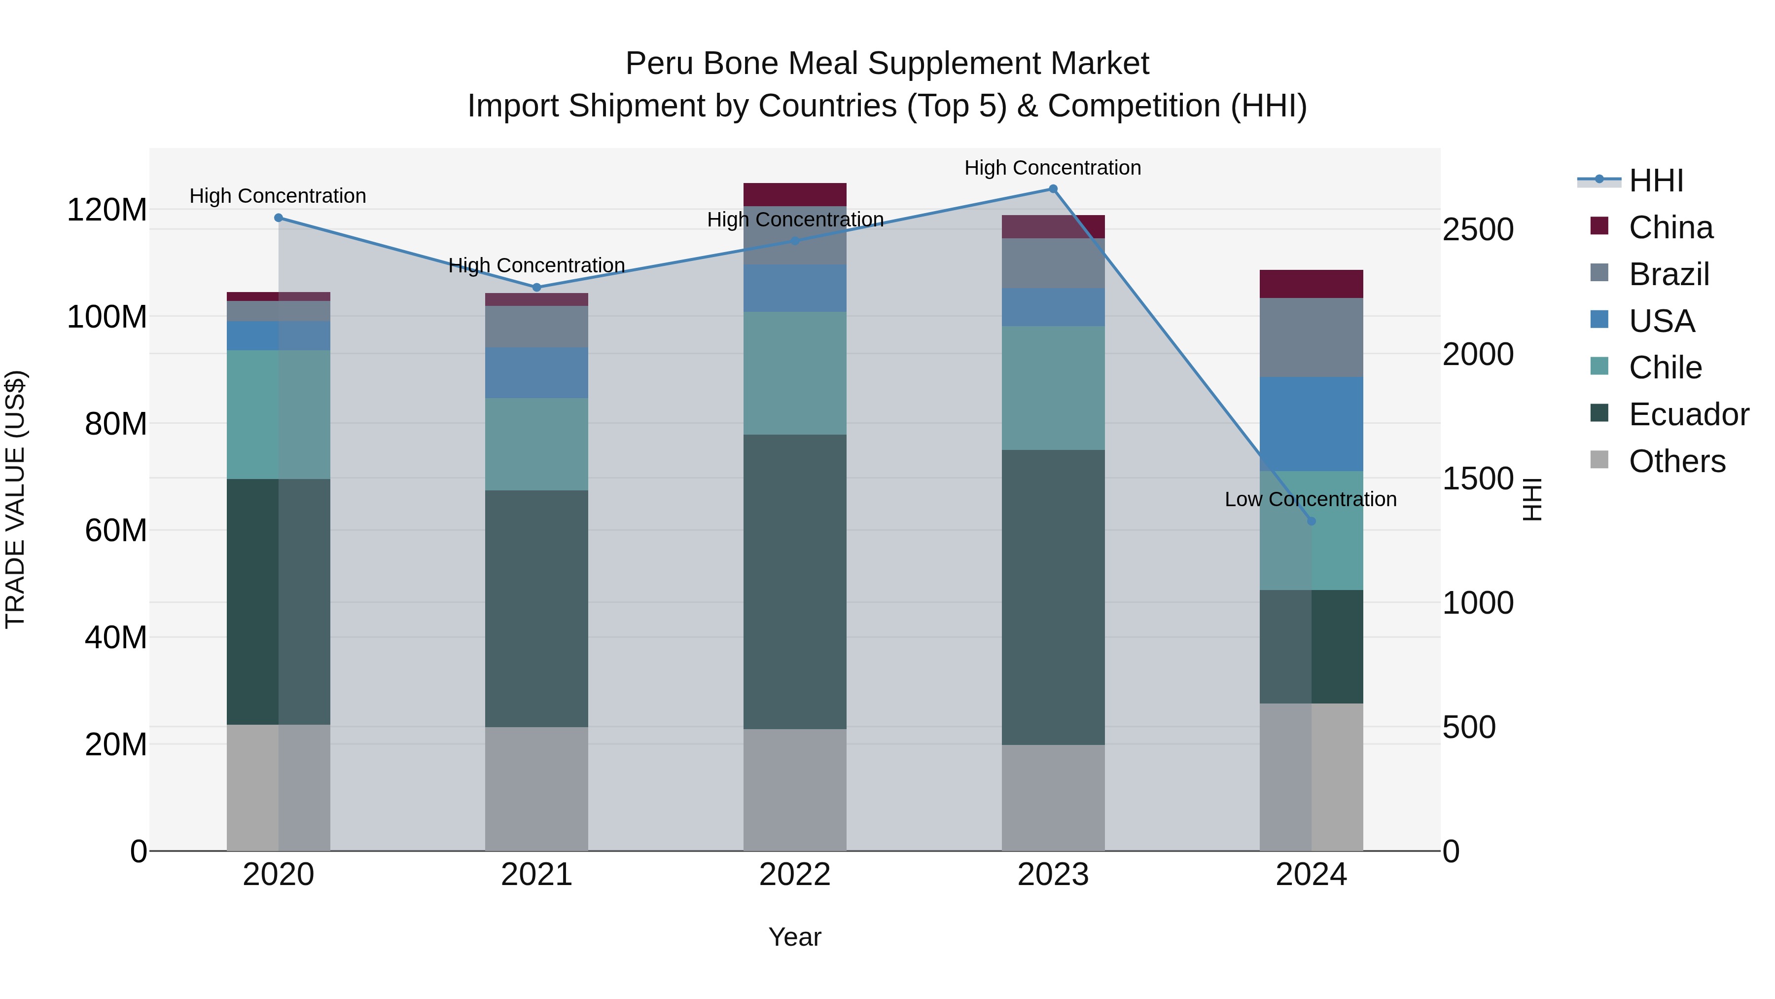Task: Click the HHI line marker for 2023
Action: pos(1053,189)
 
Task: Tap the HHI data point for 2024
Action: pos(1311,521)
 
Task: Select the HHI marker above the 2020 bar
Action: pos(279,218)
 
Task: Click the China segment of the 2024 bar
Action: pos(1311,284)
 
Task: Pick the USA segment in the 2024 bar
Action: pos(1311,424)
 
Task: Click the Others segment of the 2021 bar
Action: pos(537,789)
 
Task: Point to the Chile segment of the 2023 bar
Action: pos(1053,388)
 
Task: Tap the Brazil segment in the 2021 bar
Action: pos(537,327)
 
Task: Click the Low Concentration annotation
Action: pos(1311,499)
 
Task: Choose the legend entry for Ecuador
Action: pos(1689,414)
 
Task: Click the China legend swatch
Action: pos(1599,226)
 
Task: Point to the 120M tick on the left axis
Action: pos(107,210)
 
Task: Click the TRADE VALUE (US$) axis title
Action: pos(15,499)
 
